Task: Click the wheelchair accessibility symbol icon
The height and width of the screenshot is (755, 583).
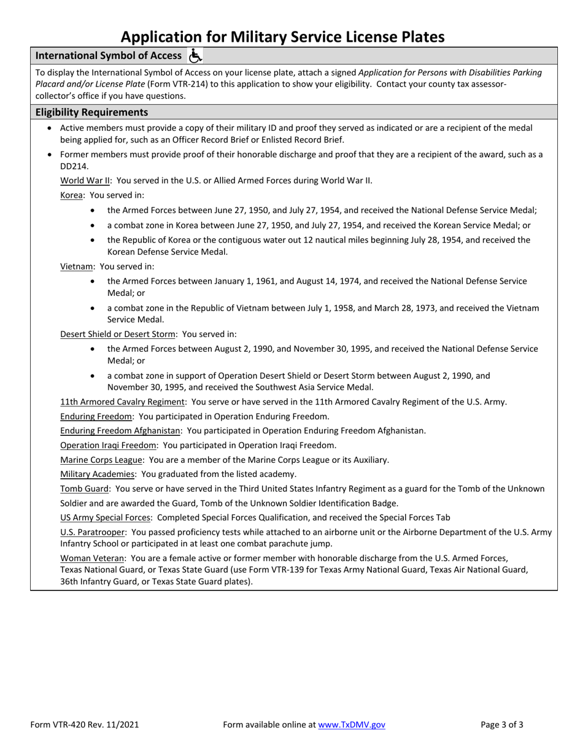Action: coord(195,56)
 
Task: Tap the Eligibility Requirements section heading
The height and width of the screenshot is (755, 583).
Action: coord(91,112)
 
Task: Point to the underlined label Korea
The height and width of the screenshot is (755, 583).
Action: coord(71,195)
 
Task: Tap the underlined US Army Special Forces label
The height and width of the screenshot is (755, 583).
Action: coord(105,517)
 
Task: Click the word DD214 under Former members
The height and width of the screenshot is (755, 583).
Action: coord(74,166)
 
